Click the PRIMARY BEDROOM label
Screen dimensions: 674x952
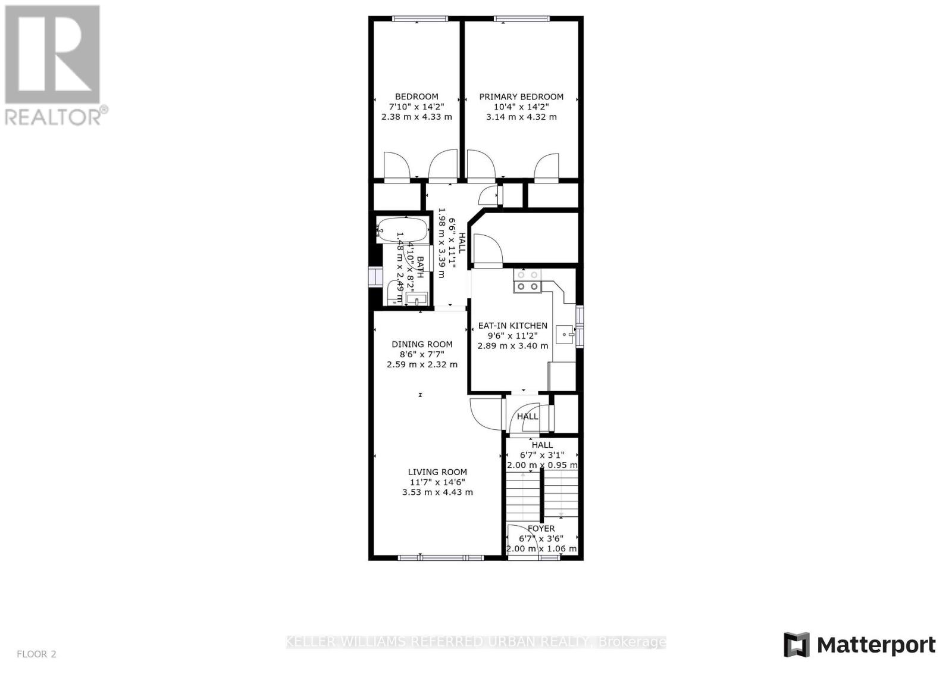tap(521, 96)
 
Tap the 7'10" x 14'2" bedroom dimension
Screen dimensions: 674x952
tap(416, 107)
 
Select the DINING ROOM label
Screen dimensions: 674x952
tap(422, 344)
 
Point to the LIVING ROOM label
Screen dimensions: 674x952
tap(437, 472)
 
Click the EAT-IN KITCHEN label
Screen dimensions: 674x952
tap(513, 326)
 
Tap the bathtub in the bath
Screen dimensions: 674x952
tap(403, 229)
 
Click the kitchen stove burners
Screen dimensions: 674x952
tap(528, 281)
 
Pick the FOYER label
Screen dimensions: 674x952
tap(541, 528)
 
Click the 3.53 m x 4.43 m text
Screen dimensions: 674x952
tap(437, 492)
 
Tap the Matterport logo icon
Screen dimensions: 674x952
tap(796, 645)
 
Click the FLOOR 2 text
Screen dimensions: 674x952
tap(36, 654)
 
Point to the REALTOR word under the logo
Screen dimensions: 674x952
tap(54, 116)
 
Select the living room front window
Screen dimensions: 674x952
tap(440, 558)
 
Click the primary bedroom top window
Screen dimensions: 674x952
tap(521, 18)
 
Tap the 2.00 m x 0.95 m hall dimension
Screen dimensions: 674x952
tap(541, 465)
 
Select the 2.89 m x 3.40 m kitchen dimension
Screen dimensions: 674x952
tap(513, 345)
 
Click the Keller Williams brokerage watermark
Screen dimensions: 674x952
tap(476, 642)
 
